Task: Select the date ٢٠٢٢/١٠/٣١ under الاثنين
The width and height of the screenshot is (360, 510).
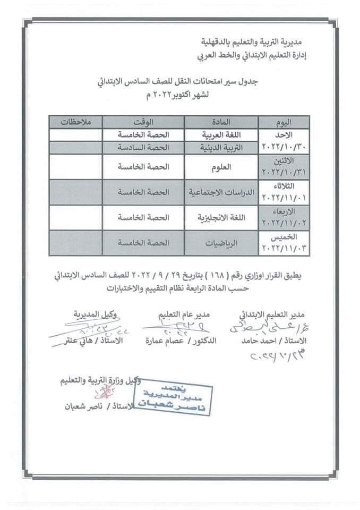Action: coord(286,172)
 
